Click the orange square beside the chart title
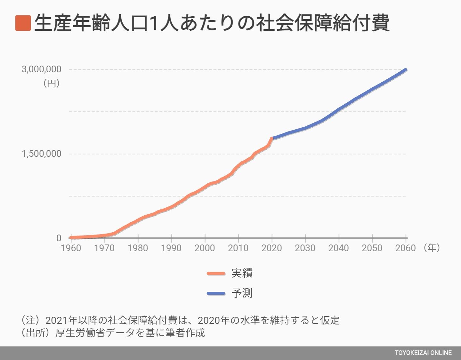tap(23, 23)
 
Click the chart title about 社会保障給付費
tap(211, 23)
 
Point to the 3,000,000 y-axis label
tap(41, 69)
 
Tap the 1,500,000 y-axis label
tap(41, 154)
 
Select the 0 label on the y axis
tap(59, 238)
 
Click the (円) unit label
tap(51, 84)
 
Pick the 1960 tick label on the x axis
tap(71, 248)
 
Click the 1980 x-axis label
tap(138, 248)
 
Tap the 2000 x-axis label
tap(205, 248)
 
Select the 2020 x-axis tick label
tap(272, 248)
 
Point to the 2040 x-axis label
tap(339, 248)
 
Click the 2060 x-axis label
tap(406, 248)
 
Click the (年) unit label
tap(431, 247)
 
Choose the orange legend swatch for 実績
tap(216, 273)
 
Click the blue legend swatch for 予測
tap(216, 293)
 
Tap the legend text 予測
tap(242, 293)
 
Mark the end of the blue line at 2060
tap(406, 69)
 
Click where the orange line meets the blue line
tap(272, 138)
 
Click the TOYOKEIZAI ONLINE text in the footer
tap(423, 353)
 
